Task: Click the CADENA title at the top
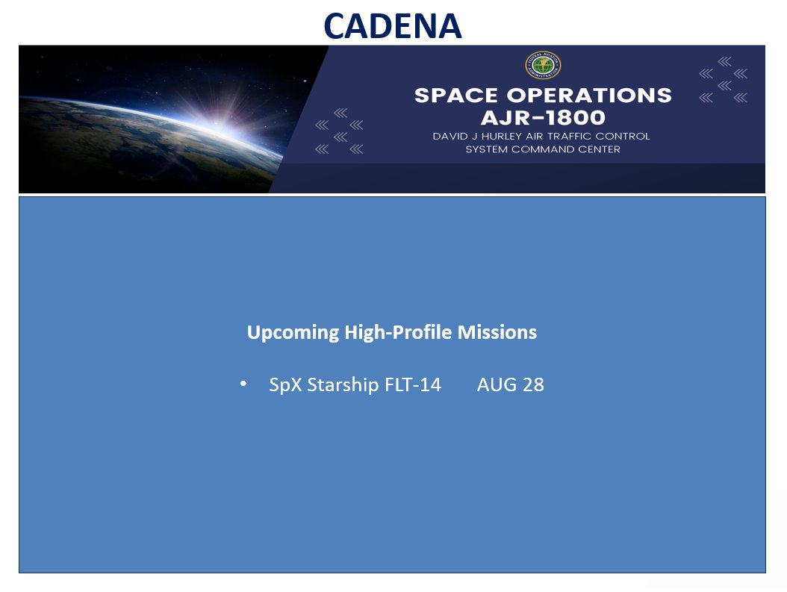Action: tap(393, 25)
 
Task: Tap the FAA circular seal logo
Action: tap(543, 65)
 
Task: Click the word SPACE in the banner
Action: tap(455, 96)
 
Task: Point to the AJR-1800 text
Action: tap(543, 118)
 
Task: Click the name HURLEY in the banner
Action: tap(502, 137)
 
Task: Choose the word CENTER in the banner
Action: tap(597, 149)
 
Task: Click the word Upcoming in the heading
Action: tap(293, 333)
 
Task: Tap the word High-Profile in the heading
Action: tap(398, 333)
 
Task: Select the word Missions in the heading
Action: tap(497, 332)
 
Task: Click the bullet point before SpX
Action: tap(243, 384)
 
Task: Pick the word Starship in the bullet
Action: tap(343, 385)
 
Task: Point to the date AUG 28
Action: tap(511, 384)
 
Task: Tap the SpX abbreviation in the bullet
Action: tap(285, 385)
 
